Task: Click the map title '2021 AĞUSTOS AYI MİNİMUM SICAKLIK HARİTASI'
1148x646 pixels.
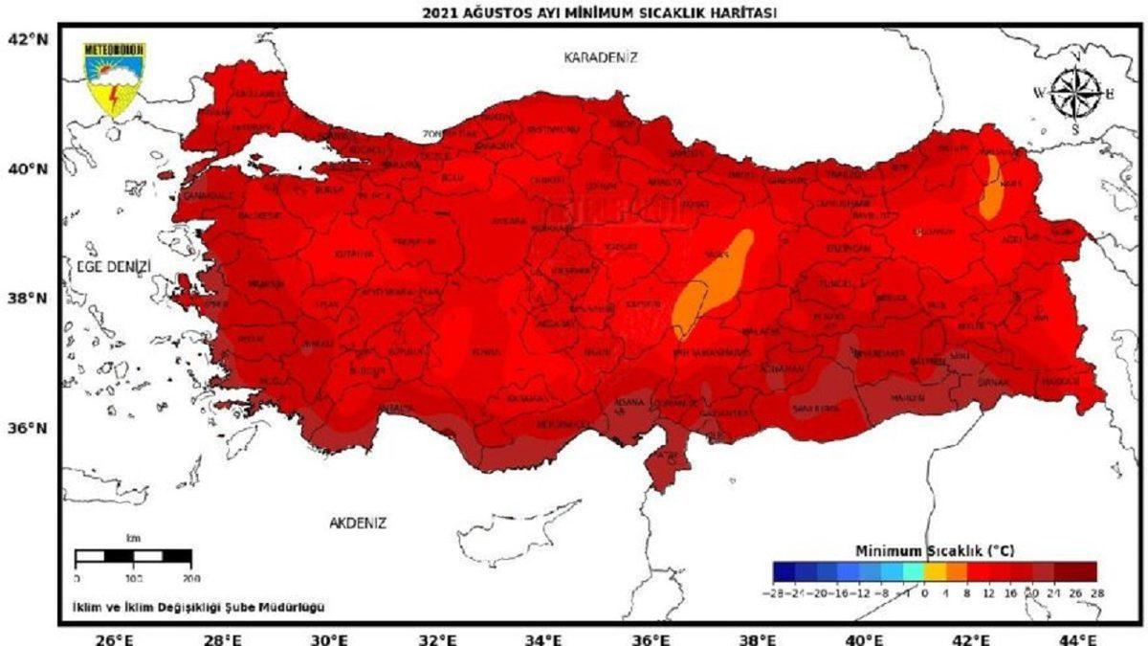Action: [x=600, y=12]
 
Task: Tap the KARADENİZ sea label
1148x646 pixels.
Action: [x=601, y=57]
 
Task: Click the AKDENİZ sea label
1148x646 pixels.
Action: [x=357, y=523]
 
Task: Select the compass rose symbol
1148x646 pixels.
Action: [x=1076, y=94]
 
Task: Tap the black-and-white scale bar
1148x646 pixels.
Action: [x=133, y=556]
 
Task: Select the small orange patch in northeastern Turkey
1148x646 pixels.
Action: [x=991, y=188]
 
